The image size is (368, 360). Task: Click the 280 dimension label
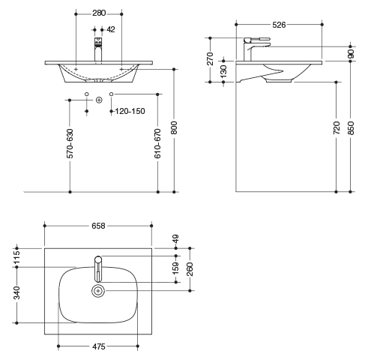(x=99, y=13)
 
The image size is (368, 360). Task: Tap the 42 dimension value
(x=111, y=29)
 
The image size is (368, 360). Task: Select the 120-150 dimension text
(x=130, y=111)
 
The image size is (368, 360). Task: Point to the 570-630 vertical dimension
(x=70, y=143)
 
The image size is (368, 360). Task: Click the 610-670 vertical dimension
(x=157, y=143)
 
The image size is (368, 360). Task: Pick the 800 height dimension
(x=174, y=127)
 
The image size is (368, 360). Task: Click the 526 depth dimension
(x=279, y=25)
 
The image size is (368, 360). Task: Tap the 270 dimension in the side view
(x=211, y=58)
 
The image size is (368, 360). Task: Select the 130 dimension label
(x=223, y=72)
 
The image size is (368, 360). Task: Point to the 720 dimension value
(x=337, y=127)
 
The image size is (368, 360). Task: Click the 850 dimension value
(x=351, y=128)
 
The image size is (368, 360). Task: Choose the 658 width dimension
(x=98, y=226)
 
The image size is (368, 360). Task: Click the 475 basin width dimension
(x=99, y=346)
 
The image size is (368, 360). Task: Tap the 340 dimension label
(x=16, y=292)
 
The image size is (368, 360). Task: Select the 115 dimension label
(x=16, y=257)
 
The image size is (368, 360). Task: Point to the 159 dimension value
(x=176, y=268)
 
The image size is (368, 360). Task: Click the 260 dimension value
(x=190, y=269)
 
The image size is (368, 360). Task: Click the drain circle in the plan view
(x=98, y=291)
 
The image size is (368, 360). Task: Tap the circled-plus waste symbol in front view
(x=99, y=100)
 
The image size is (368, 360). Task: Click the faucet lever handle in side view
(x=257, y=40)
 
